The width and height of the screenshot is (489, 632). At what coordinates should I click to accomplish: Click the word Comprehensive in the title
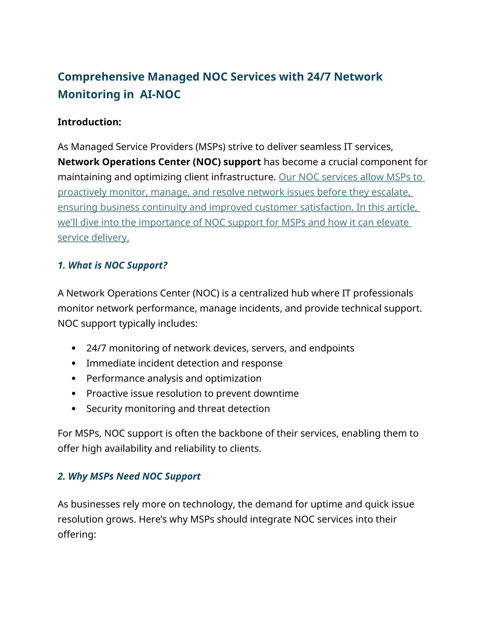(x=101, y=77)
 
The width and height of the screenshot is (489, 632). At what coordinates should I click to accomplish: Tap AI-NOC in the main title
(x=160, y=95)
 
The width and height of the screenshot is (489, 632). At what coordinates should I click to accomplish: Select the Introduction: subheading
(x=89, y=122)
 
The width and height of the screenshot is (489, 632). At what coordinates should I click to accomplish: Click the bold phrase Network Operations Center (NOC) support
(x=159, y=162)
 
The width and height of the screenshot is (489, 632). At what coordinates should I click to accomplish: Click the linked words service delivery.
(x=93, y=238)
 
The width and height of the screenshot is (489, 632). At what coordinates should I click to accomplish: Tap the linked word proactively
(x=82, y=192)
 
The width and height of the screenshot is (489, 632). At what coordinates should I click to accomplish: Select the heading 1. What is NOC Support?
(x=112, y=265)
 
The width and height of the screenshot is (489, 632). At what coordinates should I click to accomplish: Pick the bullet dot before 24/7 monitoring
(x=74, y=348)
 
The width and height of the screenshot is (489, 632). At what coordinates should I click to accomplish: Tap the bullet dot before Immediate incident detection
(x=74, y=363)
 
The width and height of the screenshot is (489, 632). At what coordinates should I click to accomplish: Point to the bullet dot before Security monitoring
(x=74, y=409)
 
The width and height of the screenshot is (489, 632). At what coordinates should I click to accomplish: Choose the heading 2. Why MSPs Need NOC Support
(x=129, y=476)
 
